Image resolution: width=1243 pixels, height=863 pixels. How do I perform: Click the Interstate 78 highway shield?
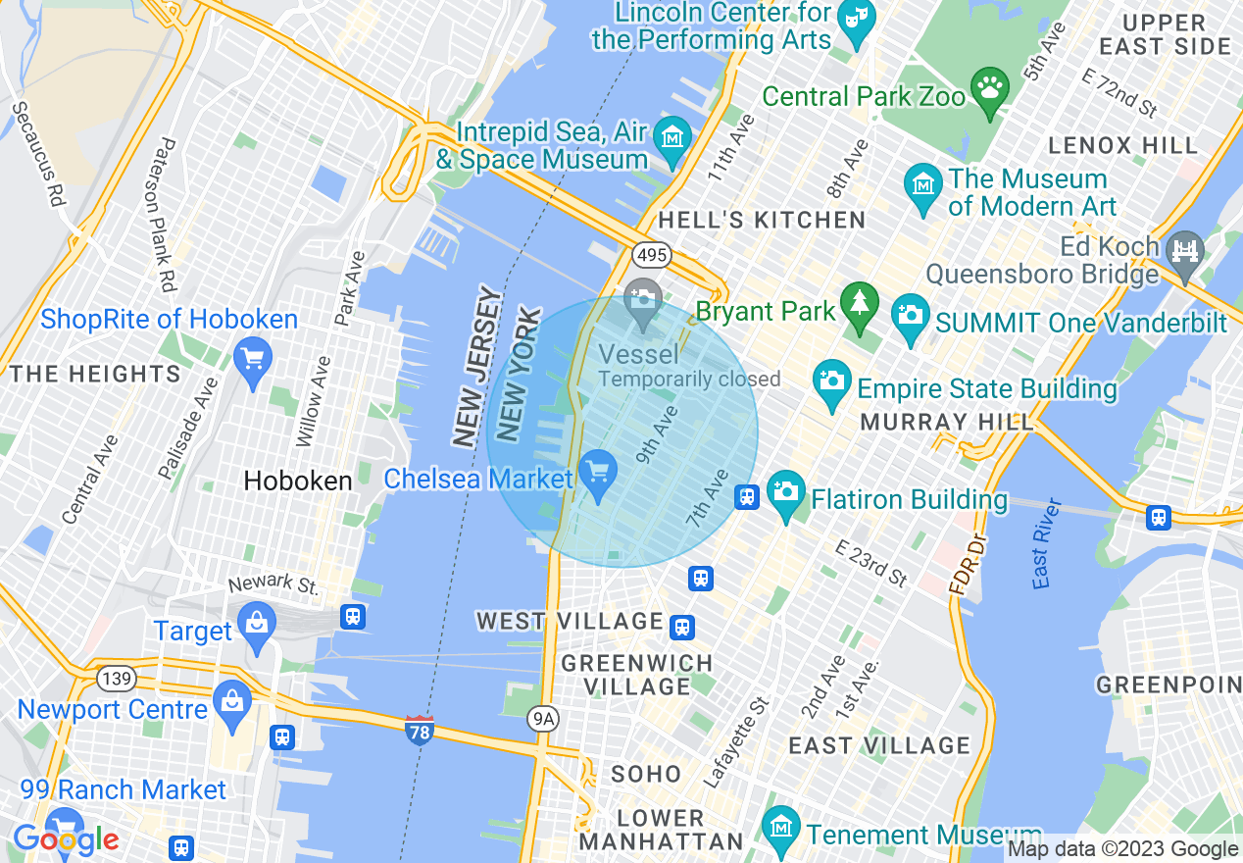point(419,730)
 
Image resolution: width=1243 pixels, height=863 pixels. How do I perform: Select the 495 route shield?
point(650,255)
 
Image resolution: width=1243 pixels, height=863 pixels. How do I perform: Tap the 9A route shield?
point(543,720)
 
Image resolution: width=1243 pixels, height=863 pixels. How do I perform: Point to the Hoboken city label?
point(297,481)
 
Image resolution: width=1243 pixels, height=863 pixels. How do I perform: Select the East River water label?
point(1047,544)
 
